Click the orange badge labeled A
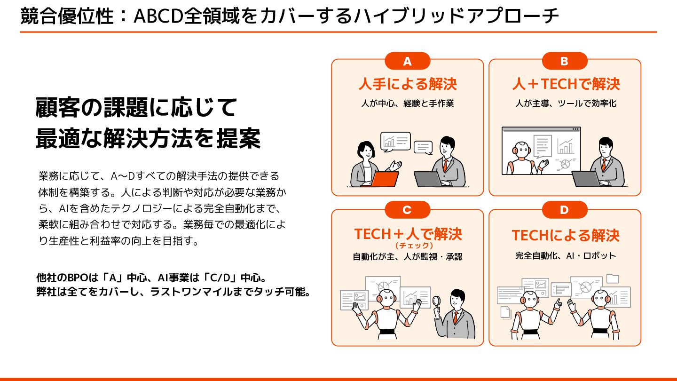click(407, 61)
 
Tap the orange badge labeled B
click(564, 61)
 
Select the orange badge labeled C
click(407, 210)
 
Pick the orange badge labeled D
click(564, 210)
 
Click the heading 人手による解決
click(407, 84)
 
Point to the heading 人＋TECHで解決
click(566, 84)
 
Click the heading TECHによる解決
click(566, 235)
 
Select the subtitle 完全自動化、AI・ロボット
click(566, 256)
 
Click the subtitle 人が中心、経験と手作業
click(407, 103)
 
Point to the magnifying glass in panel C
click(437, 300)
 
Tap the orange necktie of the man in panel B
click(604, 165)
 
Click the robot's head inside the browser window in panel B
click(521, 150)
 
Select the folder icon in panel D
click(613, 278)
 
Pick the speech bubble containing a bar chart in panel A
click(395, 141)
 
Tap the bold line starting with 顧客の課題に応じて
click(136, 108)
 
